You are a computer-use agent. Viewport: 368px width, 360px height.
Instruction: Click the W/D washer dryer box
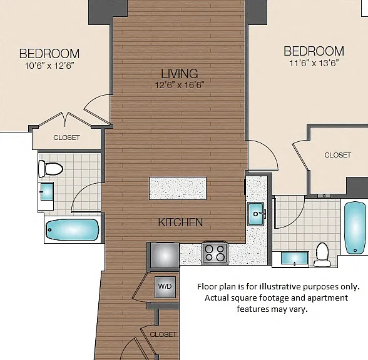click(165, 287)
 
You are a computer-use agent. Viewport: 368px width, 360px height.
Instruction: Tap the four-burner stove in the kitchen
click(215, 253)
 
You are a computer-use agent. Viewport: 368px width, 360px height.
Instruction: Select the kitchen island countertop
click(178, 189)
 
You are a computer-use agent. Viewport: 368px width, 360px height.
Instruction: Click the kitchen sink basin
click(256, 214)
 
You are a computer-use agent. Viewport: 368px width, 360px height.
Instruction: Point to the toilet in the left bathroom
click(51, 169)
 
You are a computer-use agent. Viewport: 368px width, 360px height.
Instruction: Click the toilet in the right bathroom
click(322, 254)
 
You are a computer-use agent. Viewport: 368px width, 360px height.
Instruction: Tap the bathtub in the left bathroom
click(73, 230)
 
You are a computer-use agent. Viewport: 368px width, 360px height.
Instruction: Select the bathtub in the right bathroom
click(355, 227)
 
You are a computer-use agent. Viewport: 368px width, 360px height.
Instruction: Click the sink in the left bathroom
click(47, 191)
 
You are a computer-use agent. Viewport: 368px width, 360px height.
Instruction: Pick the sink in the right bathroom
click(294, 258)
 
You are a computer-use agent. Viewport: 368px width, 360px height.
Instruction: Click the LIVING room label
click(179, 74)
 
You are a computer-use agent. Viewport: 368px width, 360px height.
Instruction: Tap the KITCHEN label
click(180, 222)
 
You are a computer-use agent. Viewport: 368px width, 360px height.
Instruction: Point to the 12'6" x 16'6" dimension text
click(180, 85)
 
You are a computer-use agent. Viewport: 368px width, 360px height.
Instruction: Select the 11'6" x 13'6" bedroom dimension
click(314, 63)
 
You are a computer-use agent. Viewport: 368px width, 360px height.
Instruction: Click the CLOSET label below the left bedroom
click(66, 137)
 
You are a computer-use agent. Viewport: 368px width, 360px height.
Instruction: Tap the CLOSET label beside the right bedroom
click(337, 155)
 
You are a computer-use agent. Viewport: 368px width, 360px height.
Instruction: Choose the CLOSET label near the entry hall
click(163, 334)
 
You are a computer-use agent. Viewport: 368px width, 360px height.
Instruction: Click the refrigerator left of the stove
click(165, 255)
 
